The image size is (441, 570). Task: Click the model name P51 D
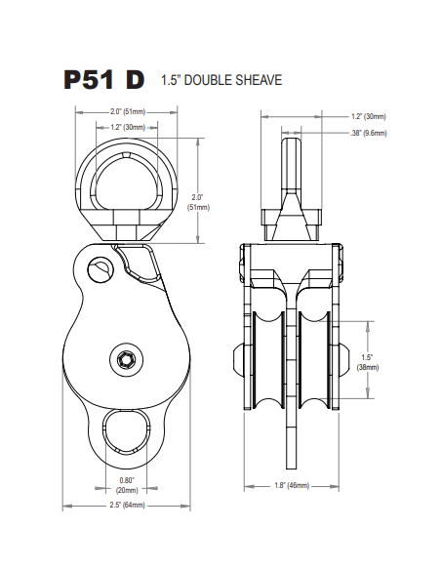[104, 80]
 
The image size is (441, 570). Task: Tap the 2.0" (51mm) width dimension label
[128, 112]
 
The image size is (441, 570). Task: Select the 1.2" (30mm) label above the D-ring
[128, 127]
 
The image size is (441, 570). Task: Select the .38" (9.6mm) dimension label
[369, 132]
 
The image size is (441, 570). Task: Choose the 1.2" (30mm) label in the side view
[369, 116]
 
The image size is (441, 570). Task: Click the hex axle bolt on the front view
[127, 360]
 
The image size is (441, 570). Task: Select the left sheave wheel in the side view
[266, 359]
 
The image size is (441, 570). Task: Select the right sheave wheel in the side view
[314, 359]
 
